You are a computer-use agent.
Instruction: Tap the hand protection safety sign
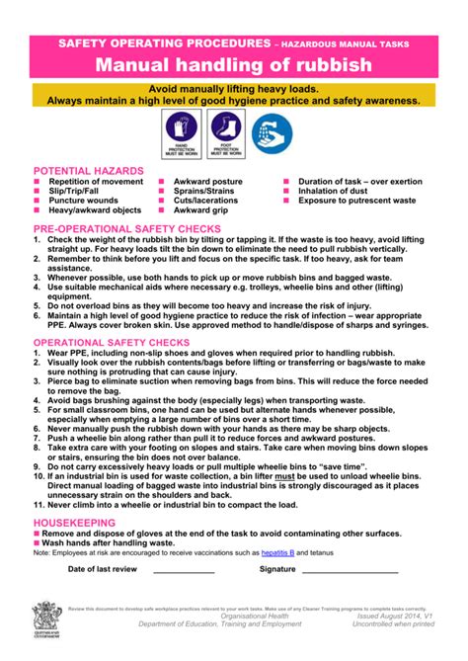(182, 133)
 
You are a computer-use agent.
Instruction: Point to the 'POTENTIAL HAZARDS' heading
(89, 171)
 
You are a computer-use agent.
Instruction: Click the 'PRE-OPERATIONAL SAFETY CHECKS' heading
(126, 227)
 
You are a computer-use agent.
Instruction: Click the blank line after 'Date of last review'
(184, 572)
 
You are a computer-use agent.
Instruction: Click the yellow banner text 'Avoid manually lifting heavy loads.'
(234, 88)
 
